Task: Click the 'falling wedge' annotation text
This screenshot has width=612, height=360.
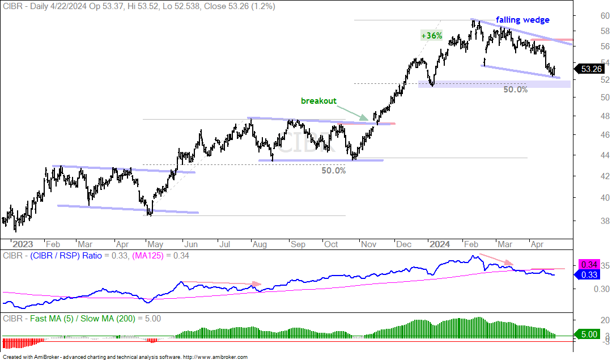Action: coord(522,20)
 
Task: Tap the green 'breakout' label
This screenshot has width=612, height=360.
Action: coord(318,101)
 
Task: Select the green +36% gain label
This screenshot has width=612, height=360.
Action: coord(432,36)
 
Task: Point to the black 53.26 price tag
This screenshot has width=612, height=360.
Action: coord(590,69)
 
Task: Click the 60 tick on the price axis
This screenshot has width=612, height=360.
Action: coord(605,16)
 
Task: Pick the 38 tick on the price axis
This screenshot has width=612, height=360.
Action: coord(605,221)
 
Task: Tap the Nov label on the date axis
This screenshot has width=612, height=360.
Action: coord(368,244)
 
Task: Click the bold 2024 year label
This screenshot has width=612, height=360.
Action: coord(440,244)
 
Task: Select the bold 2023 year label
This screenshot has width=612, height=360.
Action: coord(23,244)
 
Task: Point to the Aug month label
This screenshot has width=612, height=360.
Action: coord(260,244)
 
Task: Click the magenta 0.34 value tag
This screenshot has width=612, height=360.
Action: coord(589,265)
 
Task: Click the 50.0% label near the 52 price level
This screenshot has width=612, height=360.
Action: coord(515,90)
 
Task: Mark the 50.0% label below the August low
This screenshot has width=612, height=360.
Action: coord(333,171)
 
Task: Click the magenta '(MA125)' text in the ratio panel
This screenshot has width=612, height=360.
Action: coord(148,256)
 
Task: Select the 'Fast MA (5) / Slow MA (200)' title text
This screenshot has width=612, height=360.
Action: coord(82,319)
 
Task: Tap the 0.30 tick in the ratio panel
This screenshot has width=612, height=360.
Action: coord(602,289)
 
